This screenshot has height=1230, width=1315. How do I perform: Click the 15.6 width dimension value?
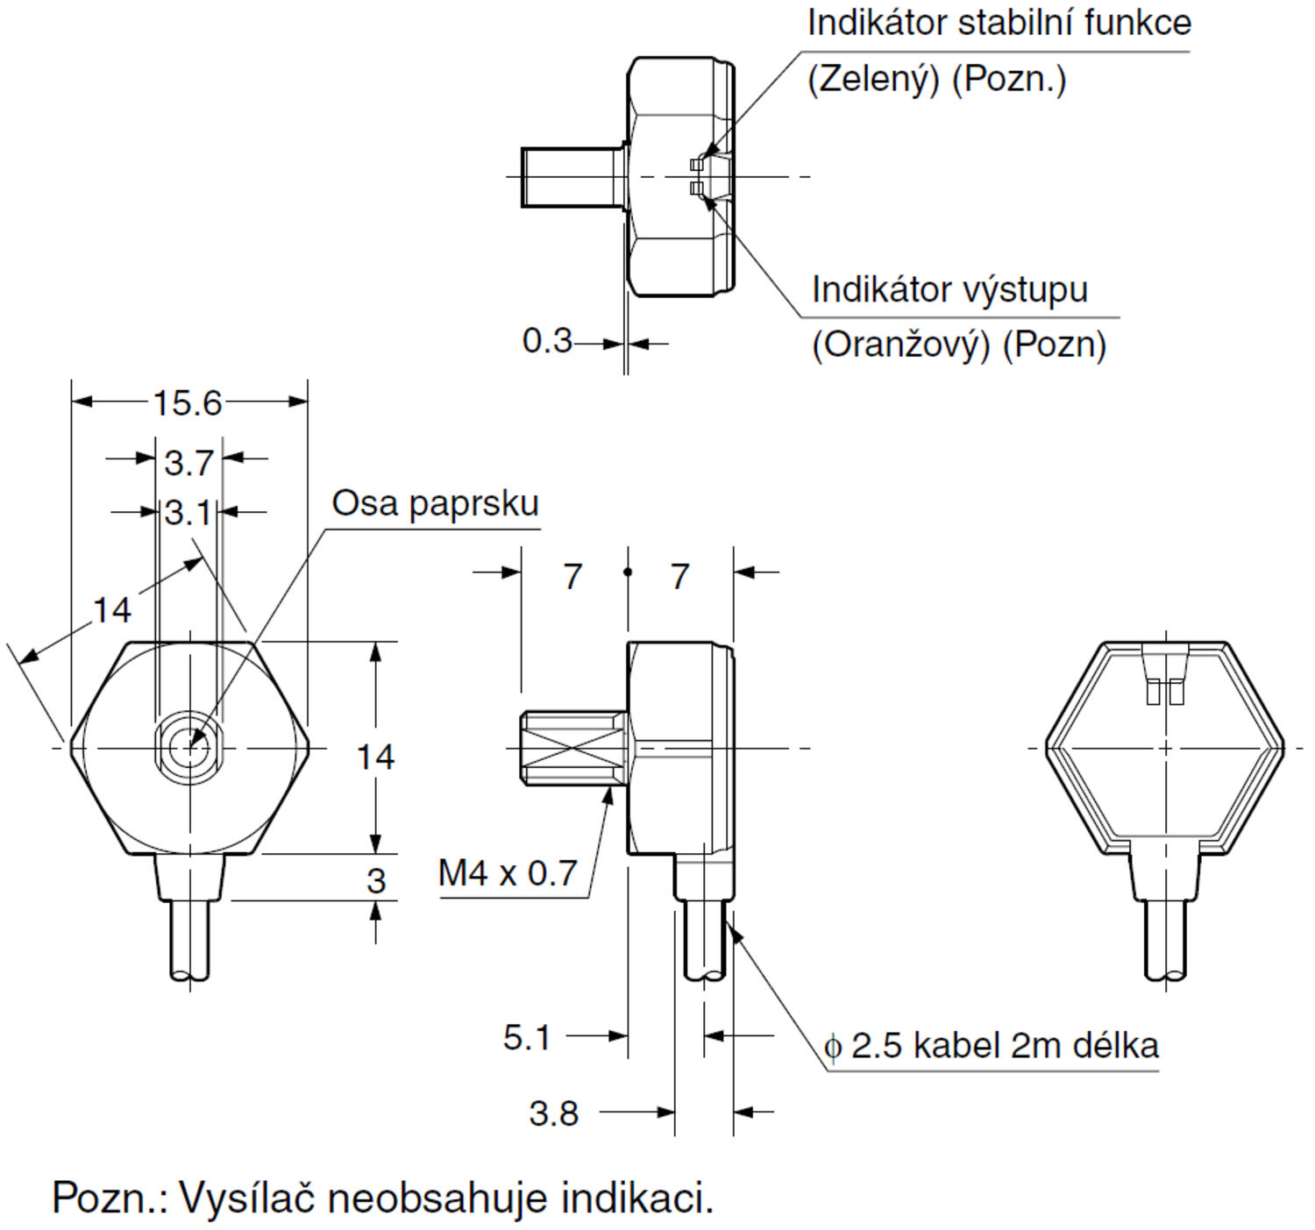(x=188, y=403)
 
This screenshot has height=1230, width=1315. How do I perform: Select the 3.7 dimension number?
(x=188, y=462)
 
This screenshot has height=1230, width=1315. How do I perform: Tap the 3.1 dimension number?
(x=188, y=513)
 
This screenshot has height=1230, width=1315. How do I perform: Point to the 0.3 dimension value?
(x=546, y=341)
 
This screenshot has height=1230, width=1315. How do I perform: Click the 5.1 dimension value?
(x=526, y=1037)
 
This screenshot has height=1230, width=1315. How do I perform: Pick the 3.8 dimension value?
(x=553, y=1113)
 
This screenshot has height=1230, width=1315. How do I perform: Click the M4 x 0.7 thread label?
(x=508, y=873)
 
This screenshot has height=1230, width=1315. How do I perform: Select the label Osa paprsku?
(x=435, y=504)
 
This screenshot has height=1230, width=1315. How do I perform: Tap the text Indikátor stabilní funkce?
(x=999, y=23)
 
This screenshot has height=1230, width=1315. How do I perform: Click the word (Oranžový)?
(x=900, y=345)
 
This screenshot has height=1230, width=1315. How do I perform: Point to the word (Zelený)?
(x=872, y=79)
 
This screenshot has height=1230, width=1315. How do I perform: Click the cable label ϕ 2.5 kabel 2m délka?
(x=992, y=1046)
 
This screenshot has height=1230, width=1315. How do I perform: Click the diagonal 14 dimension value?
(x=111, y=610)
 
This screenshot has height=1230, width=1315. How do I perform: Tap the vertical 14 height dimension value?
(x=375, y=757)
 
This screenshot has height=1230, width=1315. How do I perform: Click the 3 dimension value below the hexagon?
(x=375, y=880)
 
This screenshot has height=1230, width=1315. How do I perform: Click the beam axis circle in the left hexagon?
(x=188, y=748)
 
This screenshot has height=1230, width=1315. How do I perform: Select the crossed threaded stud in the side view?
(x=573, y=748)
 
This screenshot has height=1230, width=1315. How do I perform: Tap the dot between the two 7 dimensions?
(x=628, y=572)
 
